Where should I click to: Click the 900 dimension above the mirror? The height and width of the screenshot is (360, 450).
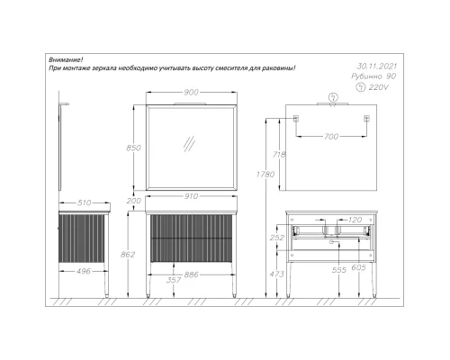(x=191, y=92)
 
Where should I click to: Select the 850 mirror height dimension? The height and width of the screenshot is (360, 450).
(x=133, y=148)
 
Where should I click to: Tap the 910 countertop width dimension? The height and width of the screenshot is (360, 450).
(x=191, y=196)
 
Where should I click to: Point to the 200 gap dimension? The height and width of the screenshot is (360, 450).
(x=133, y=201)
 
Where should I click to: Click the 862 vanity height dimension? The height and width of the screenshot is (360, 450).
(x=128, y=255)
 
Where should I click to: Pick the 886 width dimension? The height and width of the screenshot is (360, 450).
(x=191, y=274)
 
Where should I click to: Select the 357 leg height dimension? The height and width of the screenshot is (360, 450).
(x=174, y=280)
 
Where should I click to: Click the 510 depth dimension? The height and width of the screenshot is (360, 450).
(x=84, y=202)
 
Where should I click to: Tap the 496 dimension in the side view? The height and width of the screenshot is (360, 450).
(x=84, y=271)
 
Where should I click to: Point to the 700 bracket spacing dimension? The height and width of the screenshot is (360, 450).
(x=331, y=137)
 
